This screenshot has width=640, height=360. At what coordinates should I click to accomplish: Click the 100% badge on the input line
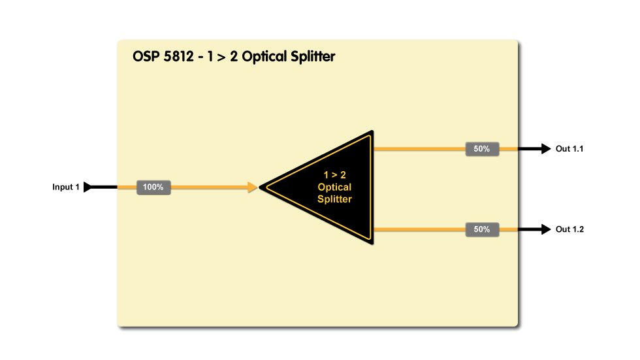153,188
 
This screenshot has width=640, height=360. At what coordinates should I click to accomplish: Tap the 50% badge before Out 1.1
482,149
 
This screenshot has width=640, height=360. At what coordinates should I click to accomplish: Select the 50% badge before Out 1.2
482,229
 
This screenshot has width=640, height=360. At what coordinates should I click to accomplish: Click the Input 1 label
66,188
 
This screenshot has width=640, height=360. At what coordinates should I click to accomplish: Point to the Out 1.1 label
569,149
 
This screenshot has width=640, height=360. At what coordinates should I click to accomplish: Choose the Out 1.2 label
569,229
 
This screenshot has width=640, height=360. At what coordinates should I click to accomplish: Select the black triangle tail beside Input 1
89,188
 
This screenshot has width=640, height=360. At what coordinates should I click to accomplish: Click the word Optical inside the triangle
334,188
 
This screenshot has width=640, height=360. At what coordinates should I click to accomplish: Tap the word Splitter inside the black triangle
334,199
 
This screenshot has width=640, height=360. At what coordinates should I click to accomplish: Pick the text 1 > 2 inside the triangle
334,175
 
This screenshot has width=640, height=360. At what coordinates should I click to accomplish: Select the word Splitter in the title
312,57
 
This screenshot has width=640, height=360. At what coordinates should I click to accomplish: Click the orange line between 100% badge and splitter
209,188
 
